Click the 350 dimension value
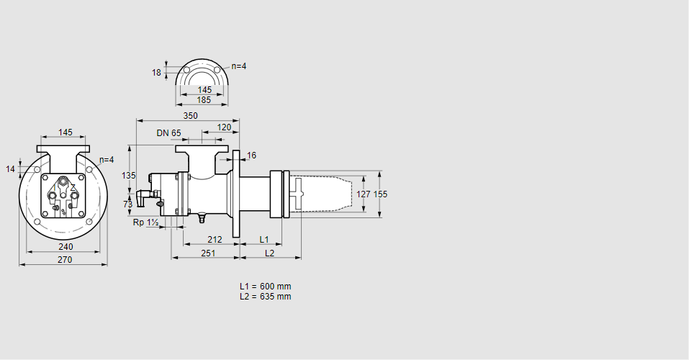click(x=190, y=115)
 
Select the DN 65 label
click(x=168, y=132)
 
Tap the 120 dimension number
click(x=224, y=127)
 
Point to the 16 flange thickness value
click(x=251, y=156)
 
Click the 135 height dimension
click(x=128, y=176)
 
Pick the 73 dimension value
click(x=128, y=204)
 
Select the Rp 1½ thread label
click(x=146, y=223)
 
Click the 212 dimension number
click(x=214, y=239)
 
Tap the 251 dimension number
click(x=208, y=253)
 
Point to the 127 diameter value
click(x=364, y=194)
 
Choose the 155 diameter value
click(x=380, y=194)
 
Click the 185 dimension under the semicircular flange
click(x=204, y=100)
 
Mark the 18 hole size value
click(x=156, y=72)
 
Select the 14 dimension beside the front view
click(x=10, y=168)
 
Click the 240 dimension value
click(x=66, y=246)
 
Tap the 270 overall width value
click(x=64, y=260)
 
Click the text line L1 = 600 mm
click(x=265, y=286)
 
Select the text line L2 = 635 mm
click(x=265, y=296)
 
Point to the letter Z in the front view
click(x=73, y=188)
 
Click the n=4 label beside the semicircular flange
click(x=238, y=66)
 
